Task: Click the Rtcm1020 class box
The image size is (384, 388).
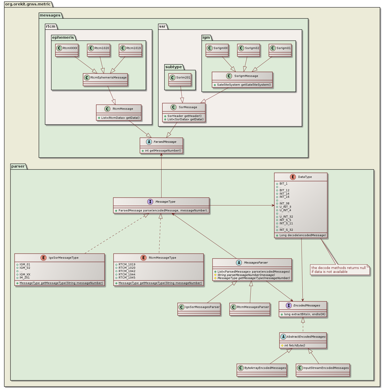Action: pyautogui.click(x=98, y=50)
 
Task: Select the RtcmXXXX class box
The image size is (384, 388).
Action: pyautogui.click(x=67, y=50)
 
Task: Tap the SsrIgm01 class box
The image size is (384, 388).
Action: pyautogui.click(x=280, y=50)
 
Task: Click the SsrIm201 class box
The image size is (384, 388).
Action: pyautogui.click(x=180, y=80)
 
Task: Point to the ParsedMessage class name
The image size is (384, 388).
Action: pyautogui.click(x=165, y=142)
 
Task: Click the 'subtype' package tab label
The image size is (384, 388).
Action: pyautogui.click(x=173, y=67)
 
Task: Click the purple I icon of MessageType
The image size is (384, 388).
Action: pyautogui.click(x=150, y=202)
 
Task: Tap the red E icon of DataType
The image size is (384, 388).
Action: pyautogui.click(x=293, y=177)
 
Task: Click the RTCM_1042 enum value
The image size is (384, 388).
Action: pyautogui.click(x=127, y=271)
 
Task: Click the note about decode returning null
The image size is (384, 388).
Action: pyautogui.click(x=340, y=270)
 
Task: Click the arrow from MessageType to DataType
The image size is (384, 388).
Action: pyautogui.click(x=242, y=205)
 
